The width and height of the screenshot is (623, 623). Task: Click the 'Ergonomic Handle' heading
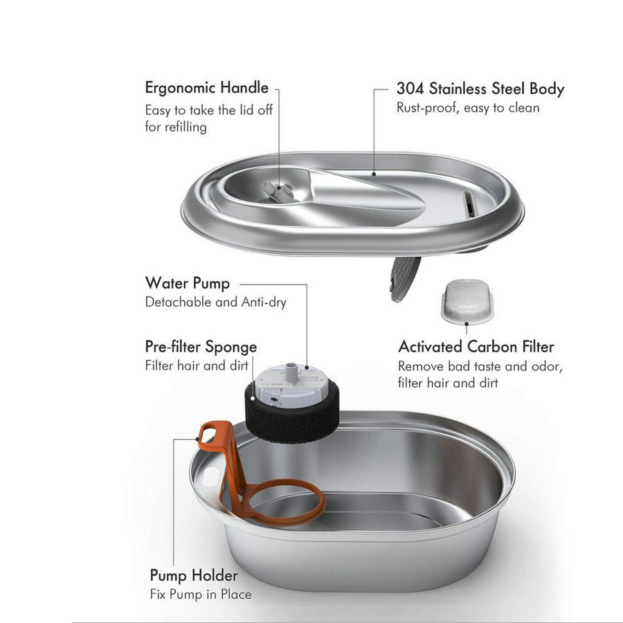coord(206,88)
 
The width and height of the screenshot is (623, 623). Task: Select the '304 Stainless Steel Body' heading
coord(480,89)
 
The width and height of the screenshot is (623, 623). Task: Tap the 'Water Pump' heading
coord(187,283)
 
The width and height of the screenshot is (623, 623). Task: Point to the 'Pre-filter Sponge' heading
coord(201,346)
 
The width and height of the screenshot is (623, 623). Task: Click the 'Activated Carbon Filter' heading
coord(476,346)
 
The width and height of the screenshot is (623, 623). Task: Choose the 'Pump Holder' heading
coord(194,575)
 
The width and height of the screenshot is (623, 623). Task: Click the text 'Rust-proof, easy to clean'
coord(468,108)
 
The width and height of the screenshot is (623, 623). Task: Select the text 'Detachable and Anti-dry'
coord(215,302)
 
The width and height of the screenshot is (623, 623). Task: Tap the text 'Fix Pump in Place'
coord(201,594)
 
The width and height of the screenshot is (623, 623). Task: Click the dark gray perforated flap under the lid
coord(405,277)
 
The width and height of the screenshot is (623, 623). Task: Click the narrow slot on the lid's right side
coord(470,204)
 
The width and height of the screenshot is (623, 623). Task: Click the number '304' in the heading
coord(410,89)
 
